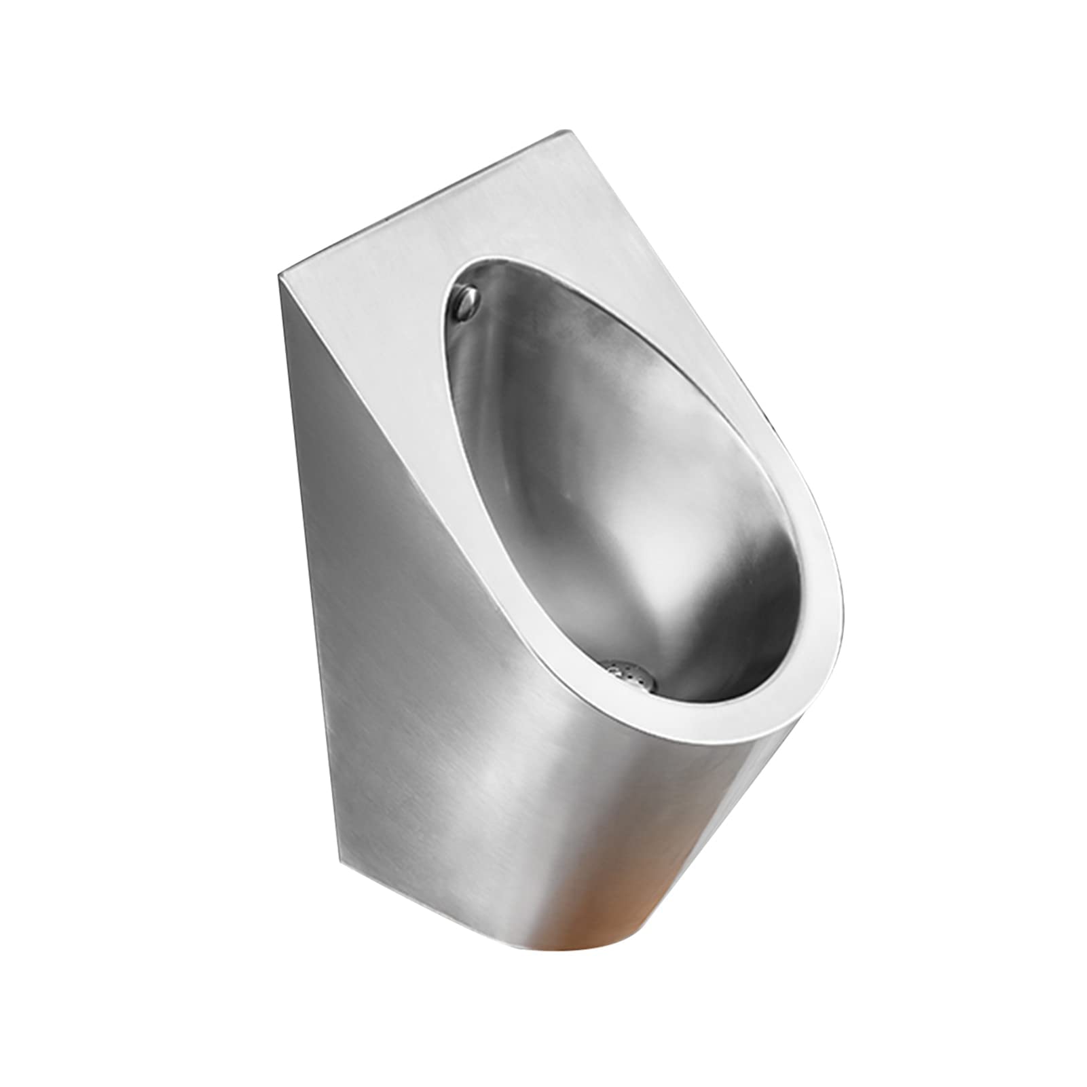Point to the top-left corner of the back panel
[x=279, y=276]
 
